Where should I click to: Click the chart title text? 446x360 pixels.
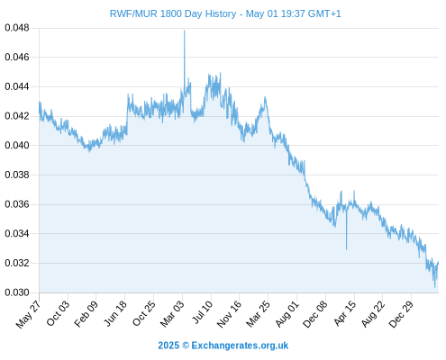(x=225, y=13)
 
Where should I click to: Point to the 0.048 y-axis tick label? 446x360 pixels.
(x=17, y=28)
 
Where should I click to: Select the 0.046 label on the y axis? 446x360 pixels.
(x=17, y=57)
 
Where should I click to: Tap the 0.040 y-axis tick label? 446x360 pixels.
(x=17, y=145)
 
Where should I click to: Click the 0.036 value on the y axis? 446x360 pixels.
(x=17, y=204)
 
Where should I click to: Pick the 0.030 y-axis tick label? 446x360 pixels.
(x=17, y=292)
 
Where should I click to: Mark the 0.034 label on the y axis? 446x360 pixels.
(x=17, y=233)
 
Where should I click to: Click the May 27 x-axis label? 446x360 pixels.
(x=29, y=314)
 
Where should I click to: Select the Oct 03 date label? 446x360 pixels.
(x=58, y=313)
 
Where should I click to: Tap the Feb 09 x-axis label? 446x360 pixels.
(x=86, y=314)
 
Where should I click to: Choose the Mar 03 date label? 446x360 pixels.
(x=172, y=314)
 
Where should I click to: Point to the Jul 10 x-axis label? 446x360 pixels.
(x=203, y=312)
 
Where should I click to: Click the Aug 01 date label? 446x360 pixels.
(x=287, y=314)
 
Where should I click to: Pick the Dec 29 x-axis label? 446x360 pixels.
(x=401, y=314)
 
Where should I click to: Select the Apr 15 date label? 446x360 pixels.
(x=345, y=313)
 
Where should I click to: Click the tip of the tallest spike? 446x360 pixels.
(x=185, y=31)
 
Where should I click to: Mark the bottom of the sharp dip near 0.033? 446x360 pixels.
(x=346, y=249)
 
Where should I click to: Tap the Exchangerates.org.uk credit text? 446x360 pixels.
(x=240, y=346)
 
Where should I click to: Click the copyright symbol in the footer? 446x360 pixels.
(x=186, y=346)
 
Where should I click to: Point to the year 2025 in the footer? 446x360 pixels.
(x=168, y=346)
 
